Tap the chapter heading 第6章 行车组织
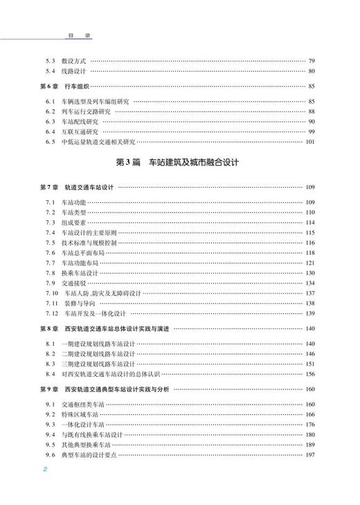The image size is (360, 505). pos(67,86)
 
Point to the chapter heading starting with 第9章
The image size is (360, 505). pos(103,389)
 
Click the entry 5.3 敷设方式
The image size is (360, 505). pos(66,60)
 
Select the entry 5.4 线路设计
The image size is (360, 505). pos(66,71)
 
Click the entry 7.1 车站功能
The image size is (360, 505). pos(66,202)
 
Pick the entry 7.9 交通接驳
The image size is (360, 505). pos(66,283)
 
